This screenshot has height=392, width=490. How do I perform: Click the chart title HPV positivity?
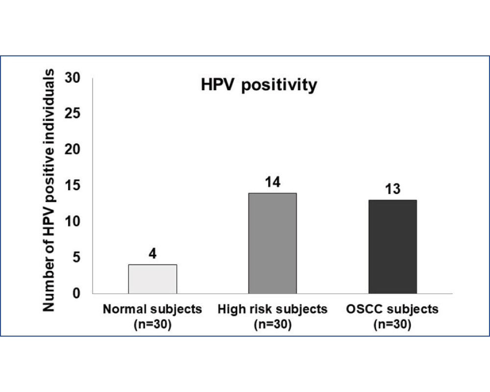259,85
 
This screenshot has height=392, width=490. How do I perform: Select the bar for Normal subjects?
152,279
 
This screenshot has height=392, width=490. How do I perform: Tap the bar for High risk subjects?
272,243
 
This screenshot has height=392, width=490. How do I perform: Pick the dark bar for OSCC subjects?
392,246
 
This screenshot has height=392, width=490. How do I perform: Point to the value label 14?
272,183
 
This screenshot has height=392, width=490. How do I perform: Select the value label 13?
392,190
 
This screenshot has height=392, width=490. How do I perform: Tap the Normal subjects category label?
152,310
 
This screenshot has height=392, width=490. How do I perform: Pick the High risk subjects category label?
272,310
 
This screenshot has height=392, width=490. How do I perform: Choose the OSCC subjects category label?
392,310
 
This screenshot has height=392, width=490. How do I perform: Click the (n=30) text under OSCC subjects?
392,324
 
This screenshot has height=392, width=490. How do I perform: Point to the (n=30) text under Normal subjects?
152,324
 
